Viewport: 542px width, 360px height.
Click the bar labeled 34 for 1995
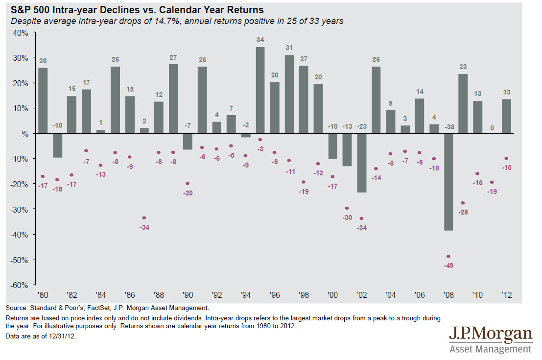click(260, 90)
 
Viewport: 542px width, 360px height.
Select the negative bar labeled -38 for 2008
click(448, 182)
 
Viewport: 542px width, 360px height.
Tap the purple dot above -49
click(448, 256)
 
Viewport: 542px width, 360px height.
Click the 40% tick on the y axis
click(21, 32)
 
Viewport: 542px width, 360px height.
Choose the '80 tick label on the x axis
click(43, 295)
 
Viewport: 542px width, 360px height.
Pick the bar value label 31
click(289, 48)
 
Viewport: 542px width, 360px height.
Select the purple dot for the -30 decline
click(347, 208)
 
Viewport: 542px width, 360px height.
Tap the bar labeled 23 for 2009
click(462, 103)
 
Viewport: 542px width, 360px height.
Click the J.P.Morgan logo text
click(490, 335)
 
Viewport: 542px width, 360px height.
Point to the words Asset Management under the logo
click(490, 349)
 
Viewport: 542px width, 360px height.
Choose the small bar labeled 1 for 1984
click(100, 131)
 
